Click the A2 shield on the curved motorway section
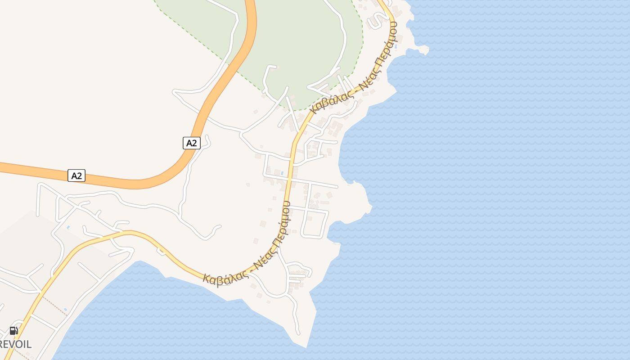[192, 143]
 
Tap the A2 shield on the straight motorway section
[76, 175]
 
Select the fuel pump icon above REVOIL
[14, 331]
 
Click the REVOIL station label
[16, 345]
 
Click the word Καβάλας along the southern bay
[223, 275]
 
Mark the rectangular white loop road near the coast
[315, 223]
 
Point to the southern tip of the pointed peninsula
[306, 347]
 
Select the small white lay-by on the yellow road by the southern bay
[161, 251]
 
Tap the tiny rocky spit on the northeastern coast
[423, 50]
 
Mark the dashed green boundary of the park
[363, 40]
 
